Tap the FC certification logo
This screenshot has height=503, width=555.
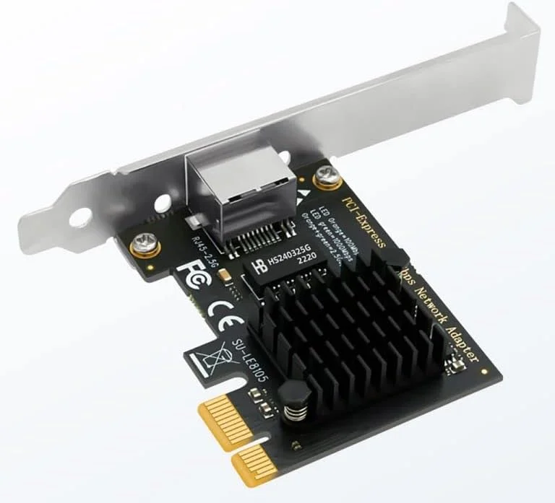(x=191, y=275)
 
